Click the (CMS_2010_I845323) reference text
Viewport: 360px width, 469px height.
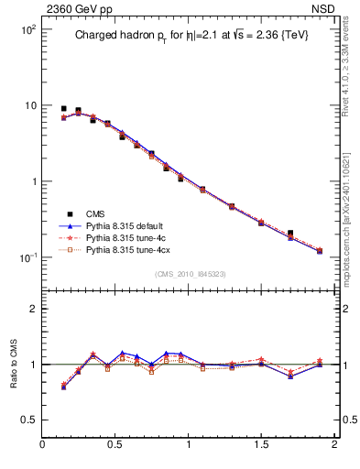coord(187,274)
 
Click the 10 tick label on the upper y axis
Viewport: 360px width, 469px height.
coord(28,106)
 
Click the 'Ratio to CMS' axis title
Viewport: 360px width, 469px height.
coord(13,365)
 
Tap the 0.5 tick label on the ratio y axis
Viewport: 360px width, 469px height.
coord(27,420)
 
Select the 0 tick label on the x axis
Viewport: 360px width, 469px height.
coord(42,445)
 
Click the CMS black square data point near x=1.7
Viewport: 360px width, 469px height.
coord(290,234)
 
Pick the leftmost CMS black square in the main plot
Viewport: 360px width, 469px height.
coord(63,109)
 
